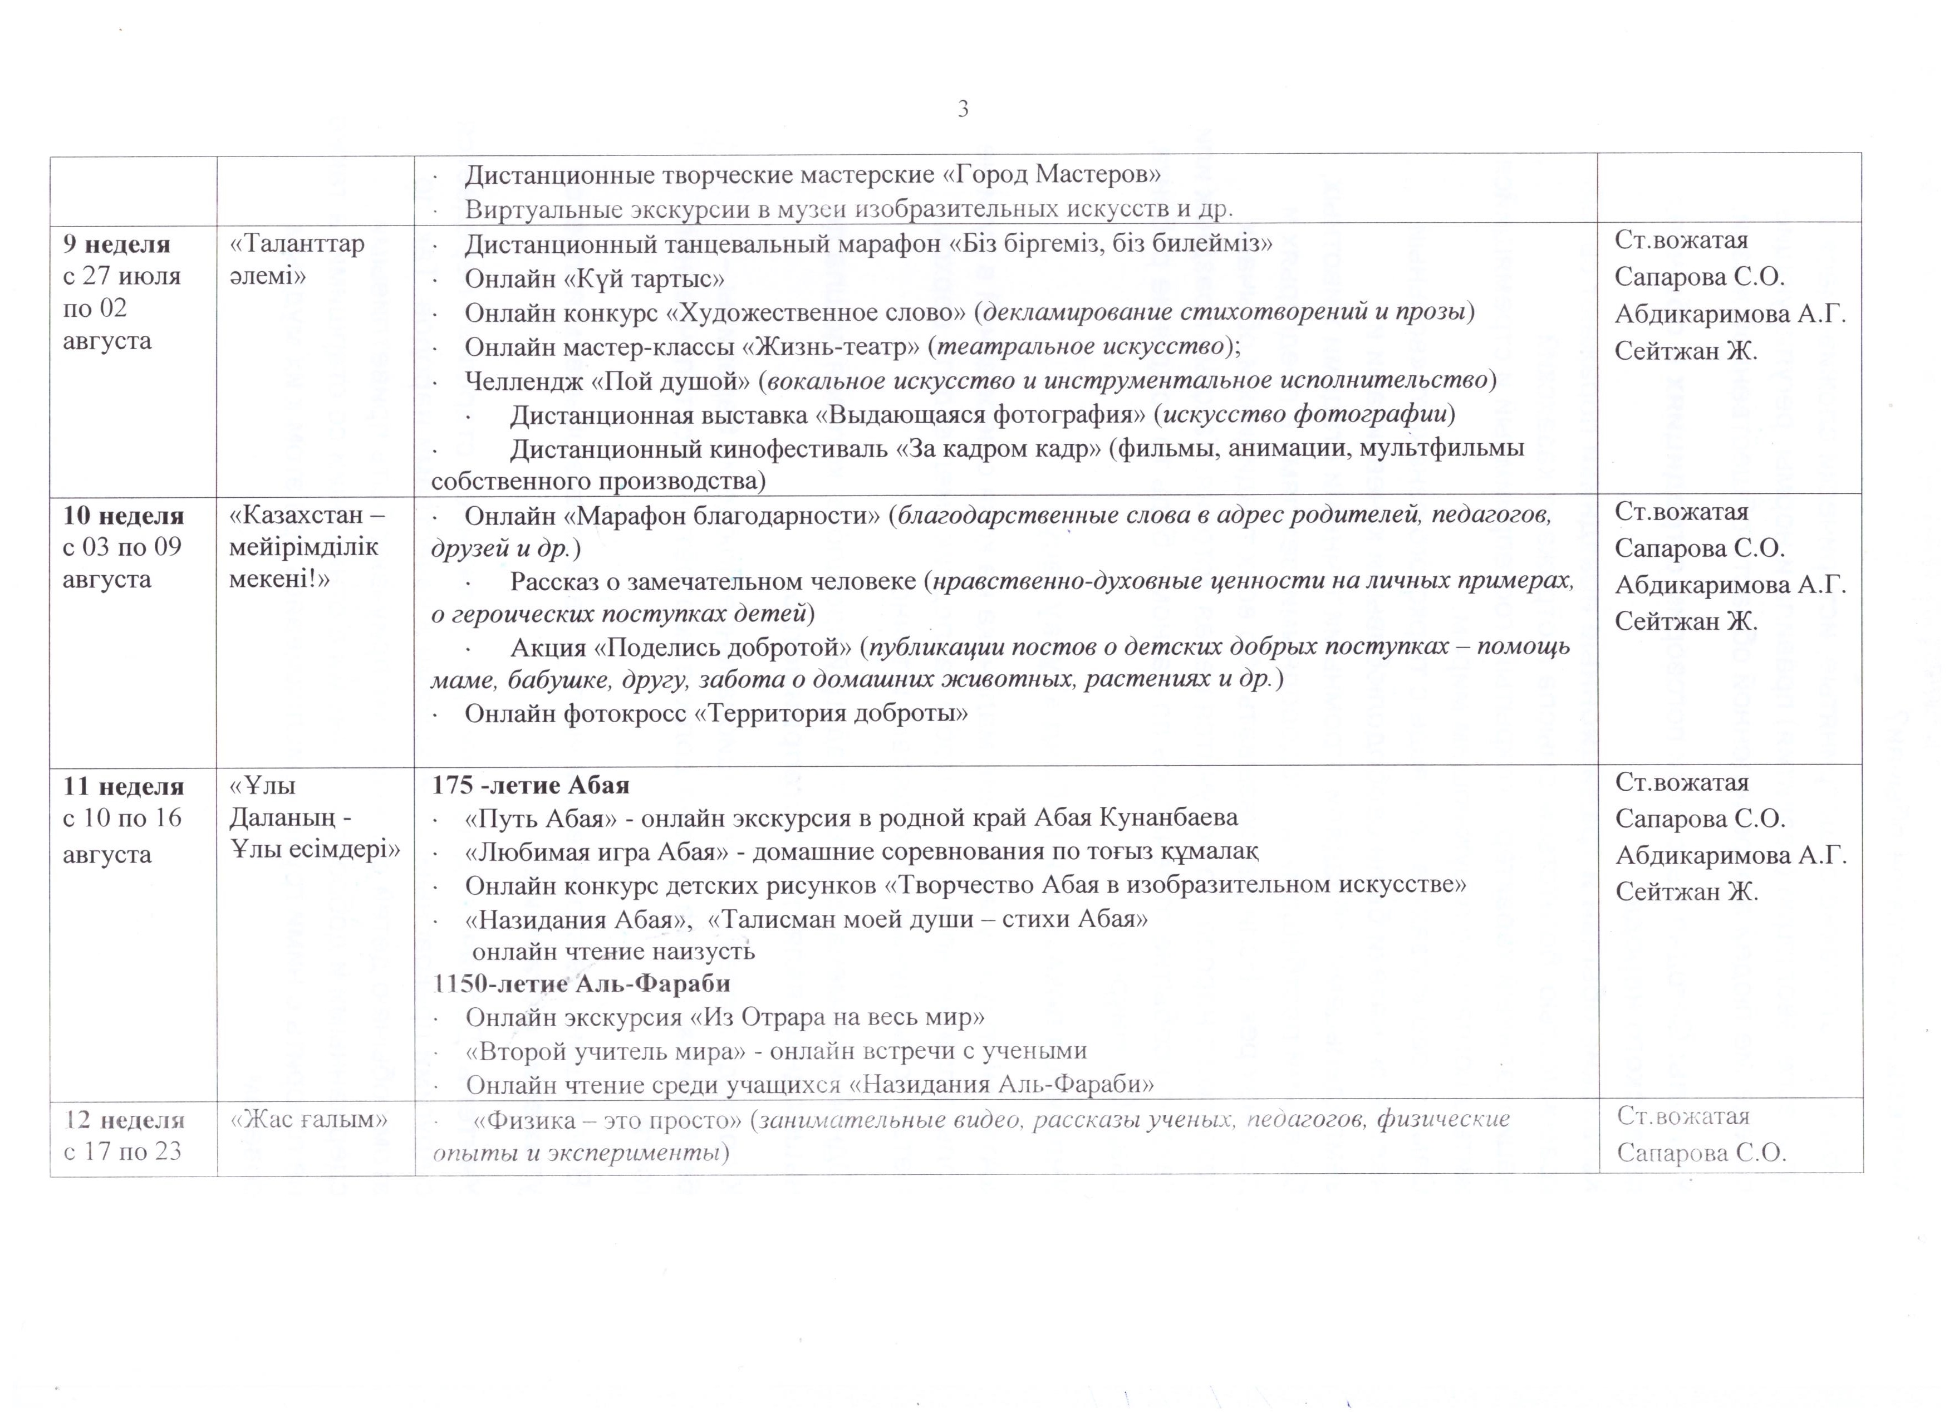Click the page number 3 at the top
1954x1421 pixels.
coord(963,110)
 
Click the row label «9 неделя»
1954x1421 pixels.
coord(116,244)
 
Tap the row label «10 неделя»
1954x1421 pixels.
coord(123,515)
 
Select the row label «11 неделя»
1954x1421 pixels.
coord(123,786)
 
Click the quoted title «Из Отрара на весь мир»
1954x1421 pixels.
coord(837,1017)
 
